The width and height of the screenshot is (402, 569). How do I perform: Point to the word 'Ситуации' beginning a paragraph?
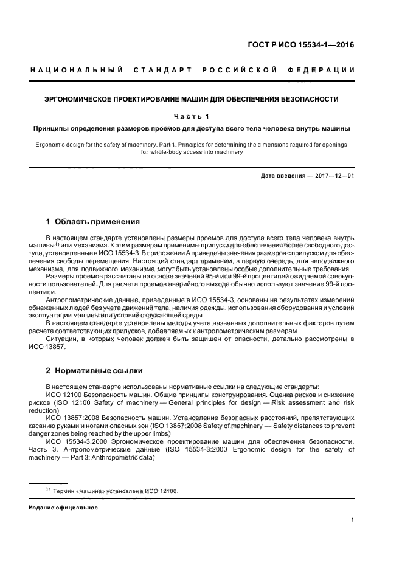(x=61, y=339)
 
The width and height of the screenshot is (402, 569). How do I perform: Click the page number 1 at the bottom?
(x=353, y=520)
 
